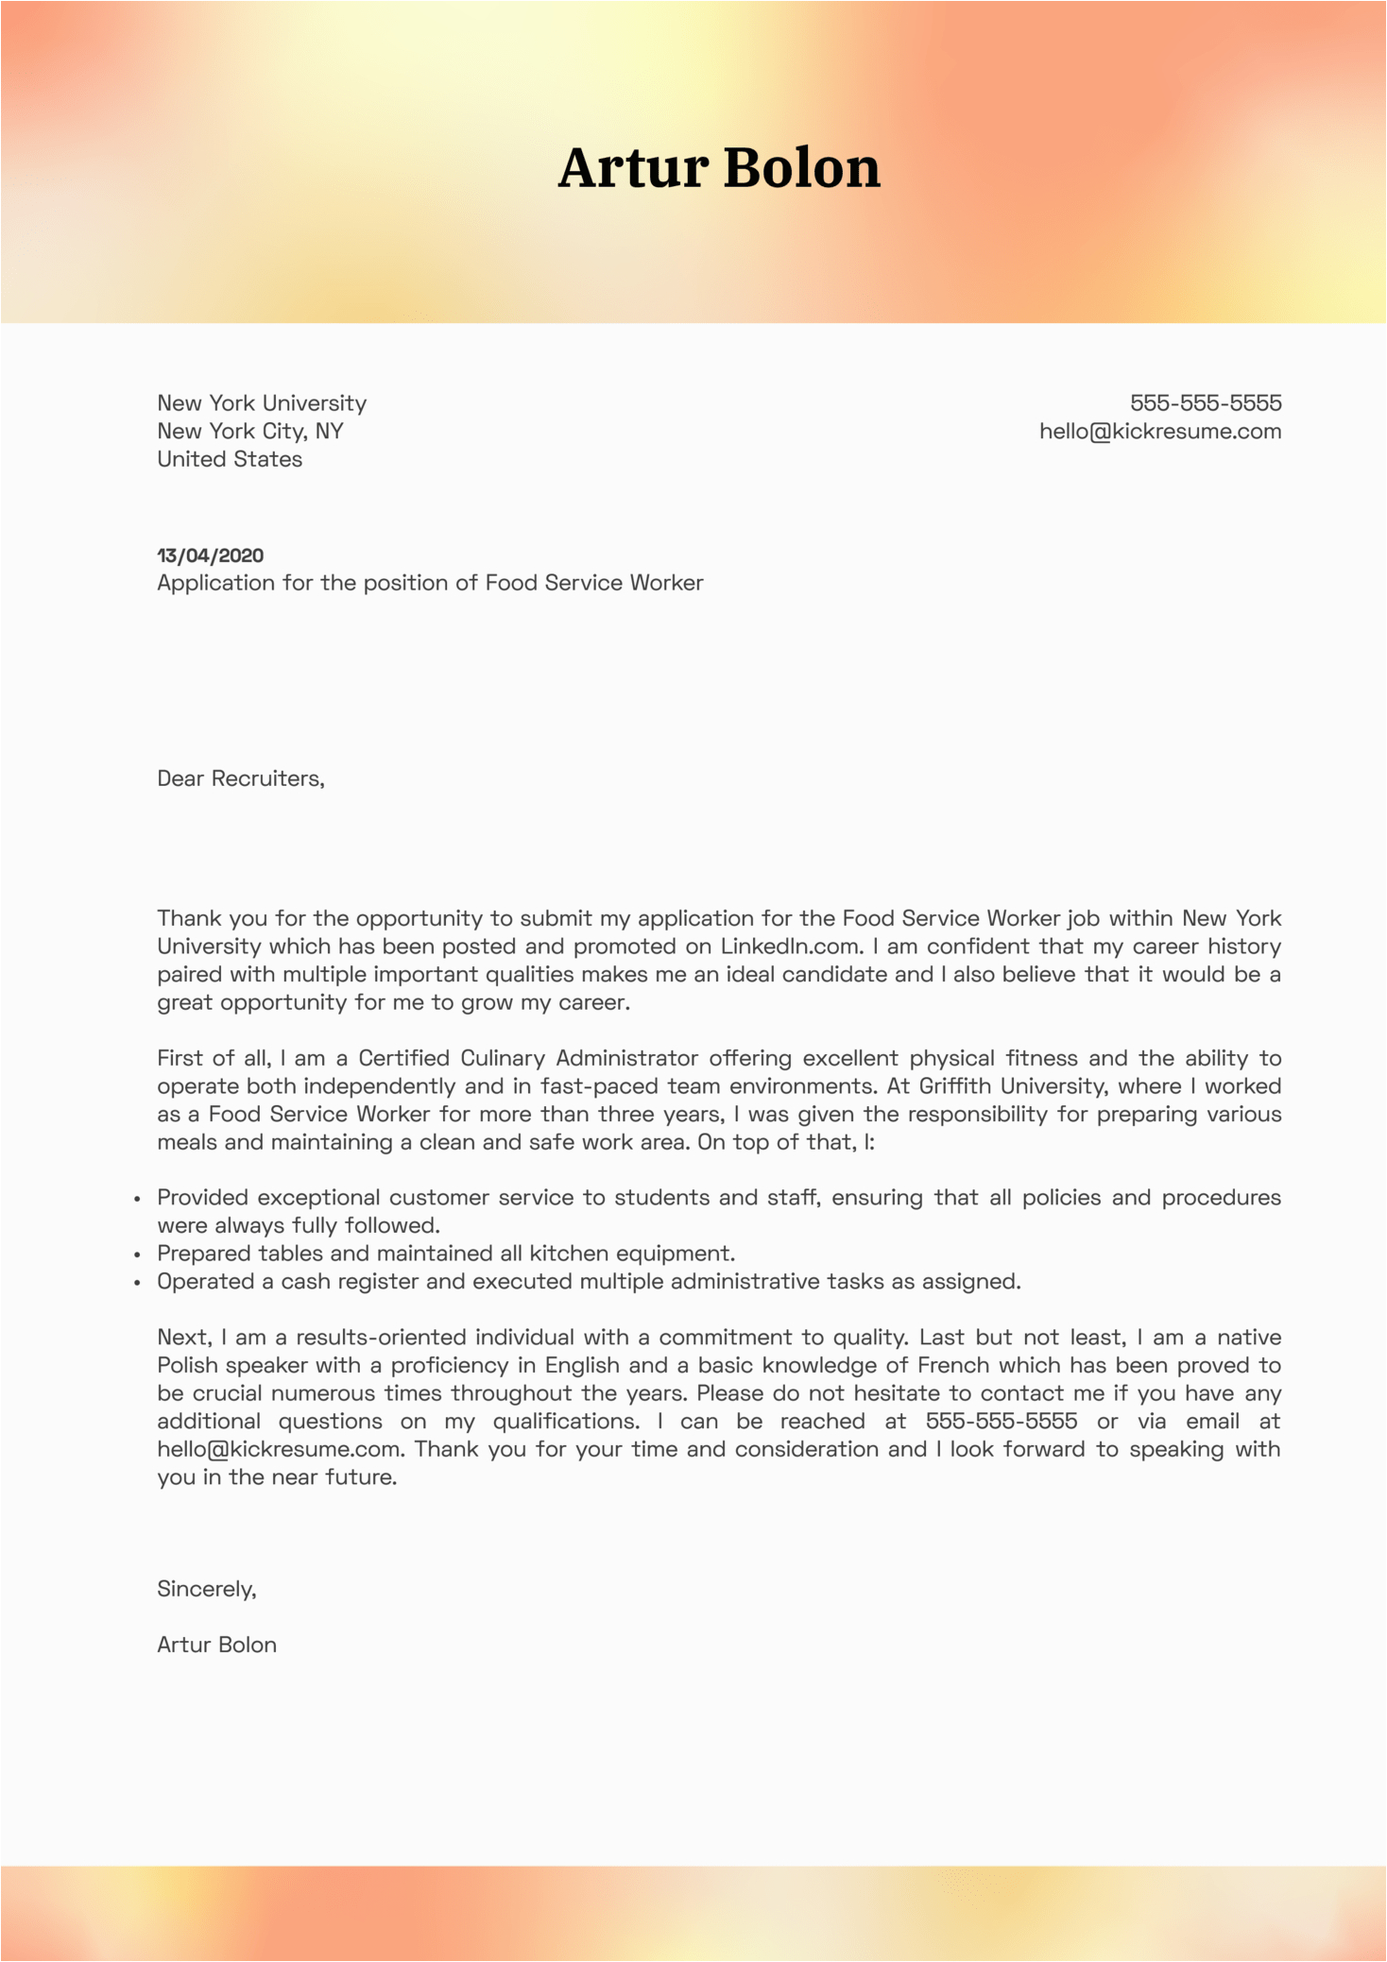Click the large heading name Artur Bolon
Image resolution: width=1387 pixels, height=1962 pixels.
tap(719, 168)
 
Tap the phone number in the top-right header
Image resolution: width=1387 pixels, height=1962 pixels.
tap(1206, 403)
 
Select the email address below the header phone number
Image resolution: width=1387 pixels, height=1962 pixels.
tap(1160, 432)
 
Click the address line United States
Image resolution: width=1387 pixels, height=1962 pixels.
tap(230, 459)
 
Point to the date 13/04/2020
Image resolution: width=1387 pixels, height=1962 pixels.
tap(210, 555)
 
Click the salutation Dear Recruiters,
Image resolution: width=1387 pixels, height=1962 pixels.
tap(241, 778)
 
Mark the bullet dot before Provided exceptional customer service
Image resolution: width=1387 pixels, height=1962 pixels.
tap(137, 1200)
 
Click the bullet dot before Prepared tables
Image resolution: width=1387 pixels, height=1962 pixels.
tap(137, 1255)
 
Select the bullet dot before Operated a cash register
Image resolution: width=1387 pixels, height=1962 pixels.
tap(137, 1284)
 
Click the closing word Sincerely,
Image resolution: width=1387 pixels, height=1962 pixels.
tap(207, 1589)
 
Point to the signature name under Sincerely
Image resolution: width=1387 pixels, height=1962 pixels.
tap(216, 1645)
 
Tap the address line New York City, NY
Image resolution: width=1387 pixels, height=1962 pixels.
tap(250, 432)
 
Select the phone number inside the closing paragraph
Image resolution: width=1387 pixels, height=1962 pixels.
tap(1002, 1422)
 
